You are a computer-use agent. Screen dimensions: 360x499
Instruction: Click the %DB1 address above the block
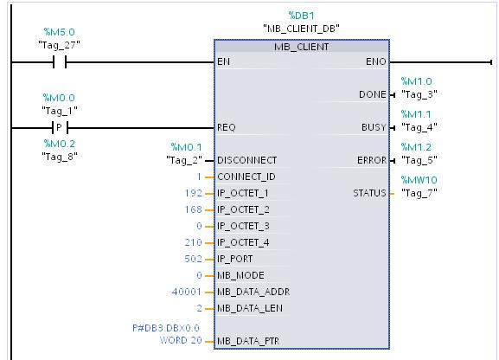click(301, 15)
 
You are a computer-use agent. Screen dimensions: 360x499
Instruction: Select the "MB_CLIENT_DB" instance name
click(301, 28)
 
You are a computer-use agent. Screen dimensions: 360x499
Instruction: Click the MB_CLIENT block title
click(301, 47)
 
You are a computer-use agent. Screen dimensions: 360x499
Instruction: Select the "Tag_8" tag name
click(59, 156)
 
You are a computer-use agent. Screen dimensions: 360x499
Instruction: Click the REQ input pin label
click(227, 127)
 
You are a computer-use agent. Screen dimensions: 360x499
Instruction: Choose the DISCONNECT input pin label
click(247, 160)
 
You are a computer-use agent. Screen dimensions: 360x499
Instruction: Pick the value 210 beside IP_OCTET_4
click(193, 242)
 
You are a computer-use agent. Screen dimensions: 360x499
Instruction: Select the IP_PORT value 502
click(193, 259)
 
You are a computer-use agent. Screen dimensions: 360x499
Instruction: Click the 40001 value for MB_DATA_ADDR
click(187, 292)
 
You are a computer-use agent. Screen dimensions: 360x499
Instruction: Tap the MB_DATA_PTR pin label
click(248, 341)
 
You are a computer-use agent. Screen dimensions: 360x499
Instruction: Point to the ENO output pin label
click(377, 62)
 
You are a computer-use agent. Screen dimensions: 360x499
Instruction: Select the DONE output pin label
click(372, 94)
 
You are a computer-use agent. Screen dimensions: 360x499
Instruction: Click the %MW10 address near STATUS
click(419, 180)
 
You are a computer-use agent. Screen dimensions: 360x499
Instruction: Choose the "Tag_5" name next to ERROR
click(419, 160)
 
